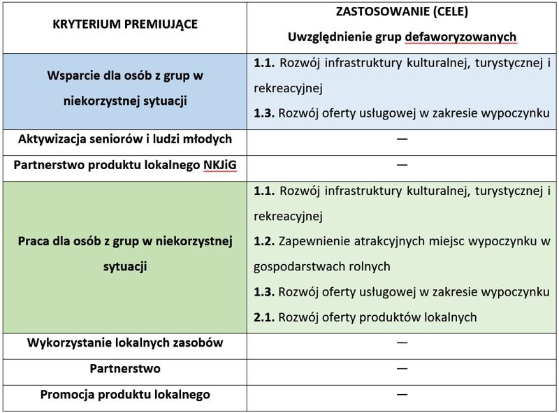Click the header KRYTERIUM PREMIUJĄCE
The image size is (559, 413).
click(x=125, y=24)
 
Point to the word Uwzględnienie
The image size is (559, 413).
click(x=323, y=36)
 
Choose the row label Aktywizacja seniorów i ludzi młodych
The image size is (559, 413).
click(x=125, y=139)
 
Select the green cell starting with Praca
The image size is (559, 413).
click(x=125, y=253)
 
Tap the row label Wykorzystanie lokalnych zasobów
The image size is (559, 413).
click(x=125, y=342)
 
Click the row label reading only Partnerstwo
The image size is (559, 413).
click(x=125, y=368)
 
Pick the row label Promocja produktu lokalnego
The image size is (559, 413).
click(x=125, y=394)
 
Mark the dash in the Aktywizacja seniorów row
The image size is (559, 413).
click(x=402, y=139)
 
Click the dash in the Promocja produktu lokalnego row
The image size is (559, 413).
click(x=402, y=394)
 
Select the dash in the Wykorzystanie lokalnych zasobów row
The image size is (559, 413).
click(x=402, y=342)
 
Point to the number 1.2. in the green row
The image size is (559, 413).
click(x=264, y=241)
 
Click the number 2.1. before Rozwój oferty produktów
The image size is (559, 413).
click(x=264, y=317)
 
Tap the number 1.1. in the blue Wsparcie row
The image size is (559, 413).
click(x=264, y=64)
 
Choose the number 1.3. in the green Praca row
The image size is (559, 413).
click(x=264, y=291)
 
